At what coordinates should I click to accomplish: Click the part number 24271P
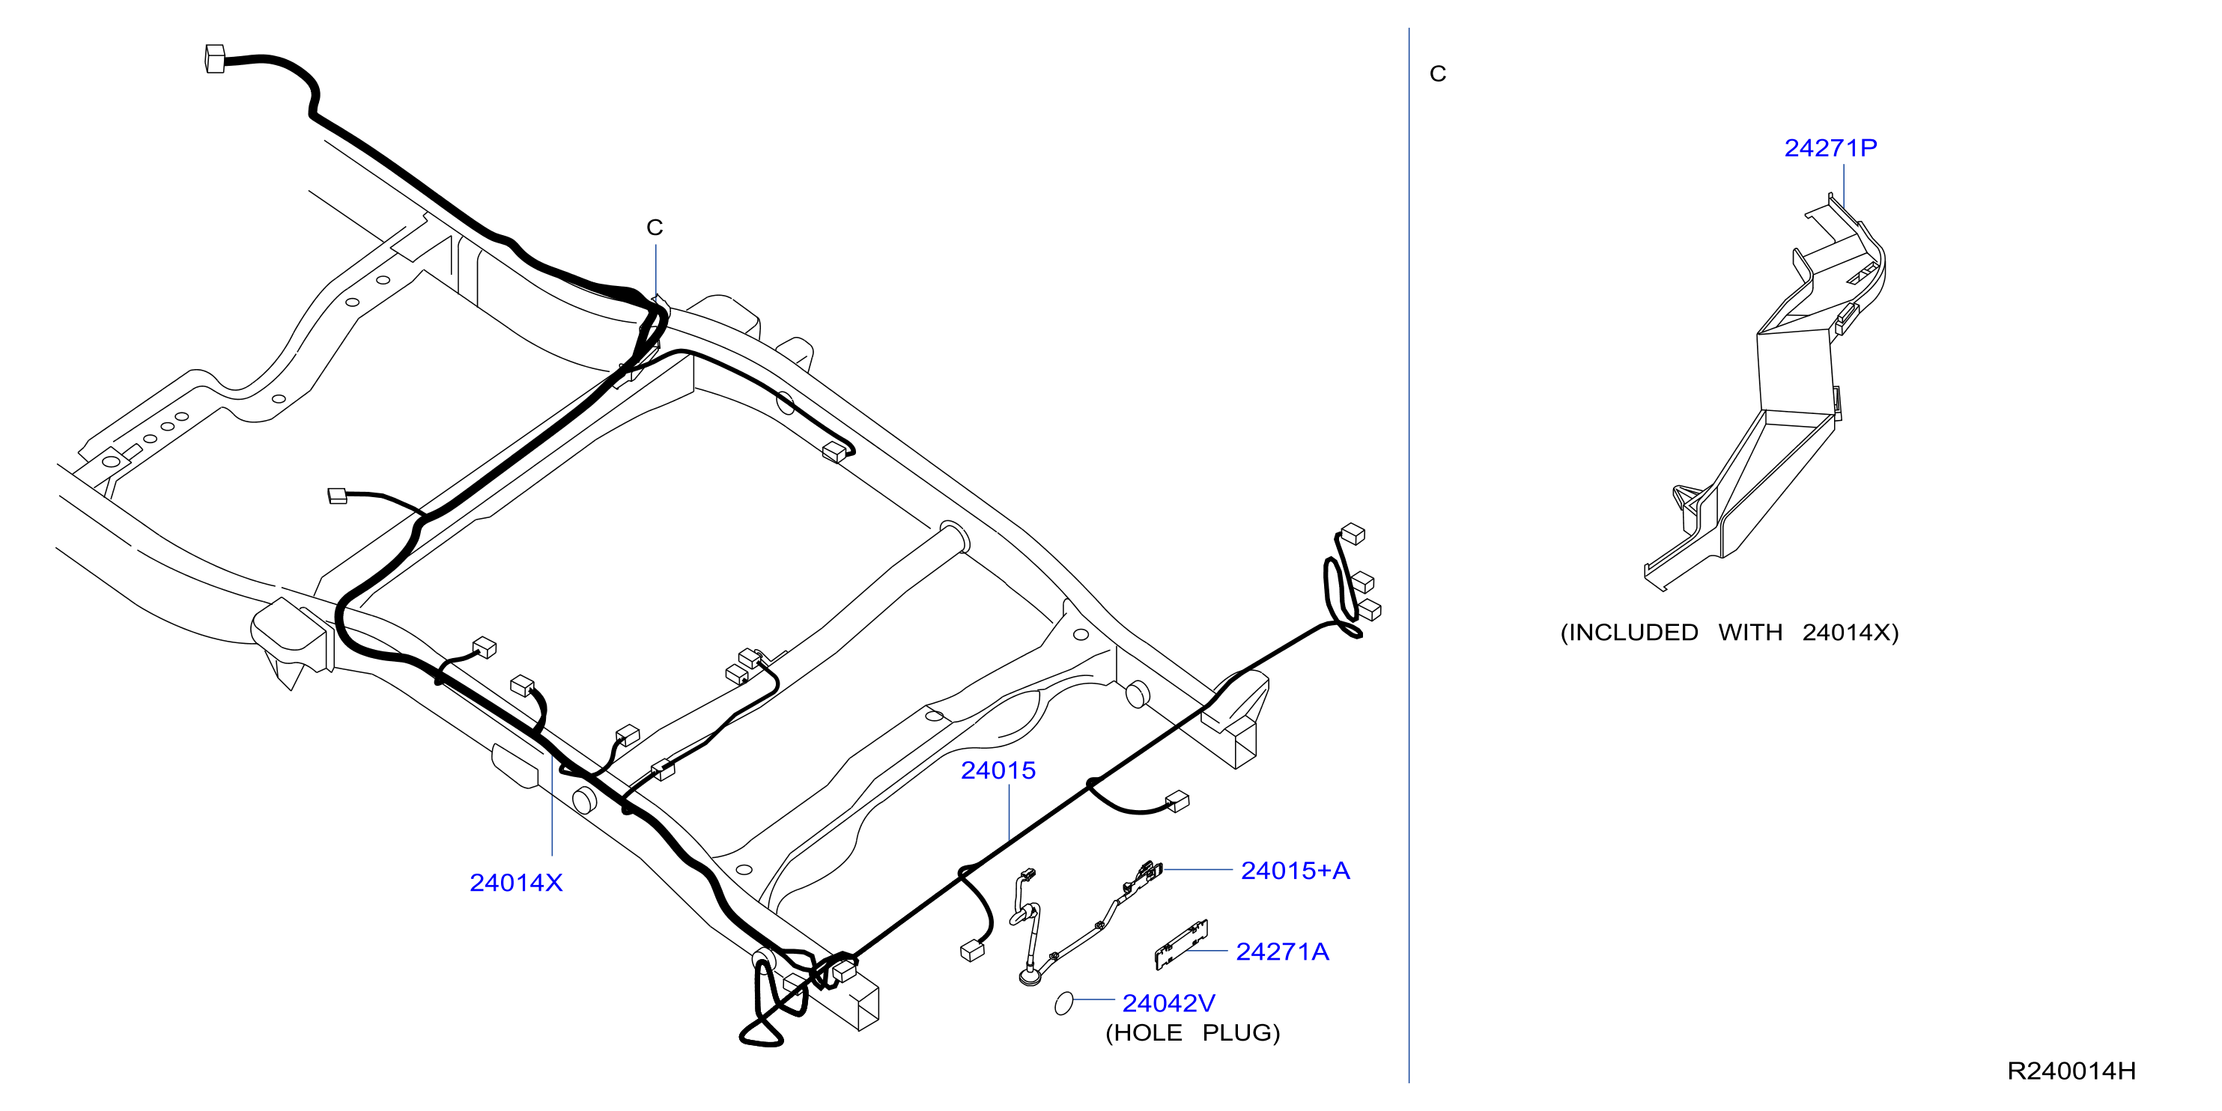[x=1830, y=147]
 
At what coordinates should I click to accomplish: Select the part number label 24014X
[x=516, y=883]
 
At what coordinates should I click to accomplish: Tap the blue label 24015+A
[x=1295, y=871]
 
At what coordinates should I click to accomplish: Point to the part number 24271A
[x=1282, y=952]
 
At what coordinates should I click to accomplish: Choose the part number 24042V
[x=1168, y=1003]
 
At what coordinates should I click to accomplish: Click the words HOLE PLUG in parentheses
[x=1192, y=1032]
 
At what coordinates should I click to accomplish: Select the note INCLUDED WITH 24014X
[x=1729, y=633]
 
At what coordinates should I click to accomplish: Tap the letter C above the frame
[x=655, y=227]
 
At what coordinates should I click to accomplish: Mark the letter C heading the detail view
[x=1437, y=73]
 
